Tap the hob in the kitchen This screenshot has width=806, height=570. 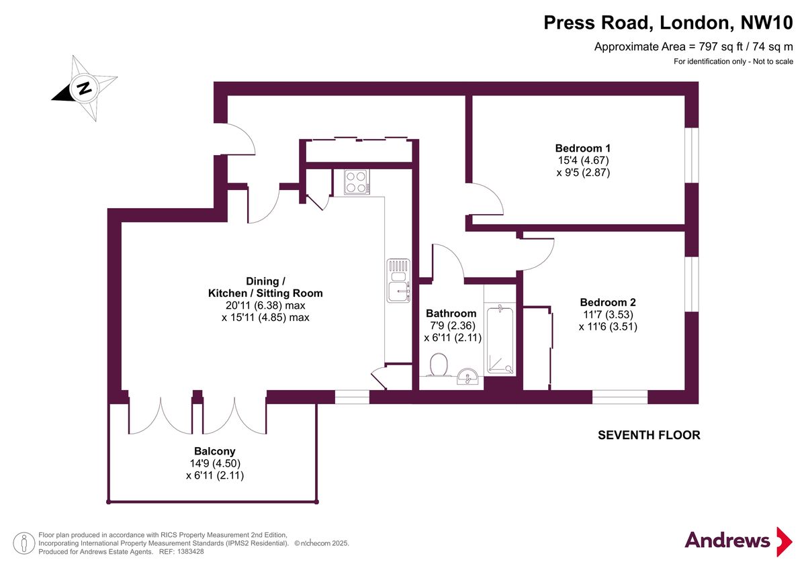click(x=357, y=181)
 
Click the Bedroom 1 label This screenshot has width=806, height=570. click(x=582, y=148)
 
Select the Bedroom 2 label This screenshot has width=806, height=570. click(x=607, y=302)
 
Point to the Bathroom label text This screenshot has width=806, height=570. click(x=451, y=314)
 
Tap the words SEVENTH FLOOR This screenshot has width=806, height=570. click(x=649, y=435)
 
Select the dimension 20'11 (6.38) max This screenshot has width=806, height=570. click(x=265, y=305)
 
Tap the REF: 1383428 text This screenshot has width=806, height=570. click(x=181, y=551)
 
